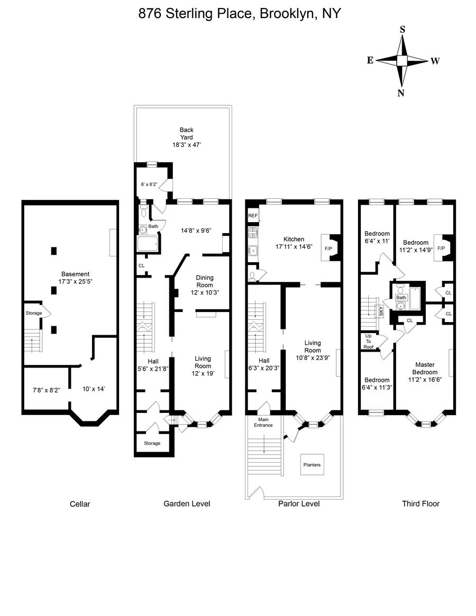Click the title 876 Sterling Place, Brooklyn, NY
pyautogui.click(x=240, y=14)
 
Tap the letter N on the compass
pyautogui.click(x=401, y=94)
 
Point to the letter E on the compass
pyautogui.click(x=371, y=60)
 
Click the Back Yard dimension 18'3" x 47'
pyautogui.click(x=187, y=144)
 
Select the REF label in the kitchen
pyautogui.click(x=253, y=216)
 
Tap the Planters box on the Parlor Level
pyautogui.click(x=312, y=465)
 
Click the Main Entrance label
pyautogui.click(x=263, y=422)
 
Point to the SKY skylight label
pyautogui.click(x=381, y=310)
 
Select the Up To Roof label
pyautogui.click(x=368, y=342)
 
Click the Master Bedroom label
pyautogui.click(x=425, y=368)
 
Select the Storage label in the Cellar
pyautogui.click(x=34, y=313)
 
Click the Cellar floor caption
pyautogui.click(x=80, y=504)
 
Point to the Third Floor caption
pyautogui.click(x=420, y=503)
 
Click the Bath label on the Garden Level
pyautogui.click(x=153, y=226)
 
